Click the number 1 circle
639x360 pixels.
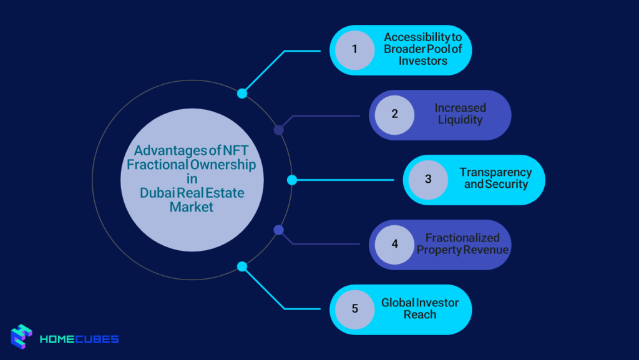pyautogui.click(x=354, y=50)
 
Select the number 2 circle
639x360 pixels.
pyautogui.click(x=394, y=115)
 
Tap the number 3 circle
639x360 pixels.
pyautogui.click(x=428, y=180)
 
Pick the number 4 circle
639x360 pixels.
pyautogui.click(x=394, y=244)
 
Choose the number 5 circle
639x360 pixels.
pyautogui.click(x=354, y=309)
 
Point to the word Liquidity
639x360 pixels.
pyautogui.click(x=460, y=120)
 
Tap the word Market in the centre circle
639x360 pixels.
pyautogui.click(x=192, y=207)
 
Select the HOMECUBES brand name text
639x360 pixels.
pyautogui.click(x=79, y=339)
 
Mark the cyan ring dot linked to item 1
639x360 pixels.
pyautogui.click(x=242, y=94)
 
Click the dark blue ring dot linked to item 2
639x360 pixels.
pyautogui.click(x=279, y=130)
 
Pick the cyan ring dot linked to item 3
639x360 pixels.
pyautogui.click(x=291, y=180)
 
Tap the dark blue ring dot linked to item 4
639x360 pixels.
pyautogui.click(x=279, y=230)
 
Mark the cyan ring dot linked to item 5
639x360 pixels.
pyautogui.click(x=242, y=266)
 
